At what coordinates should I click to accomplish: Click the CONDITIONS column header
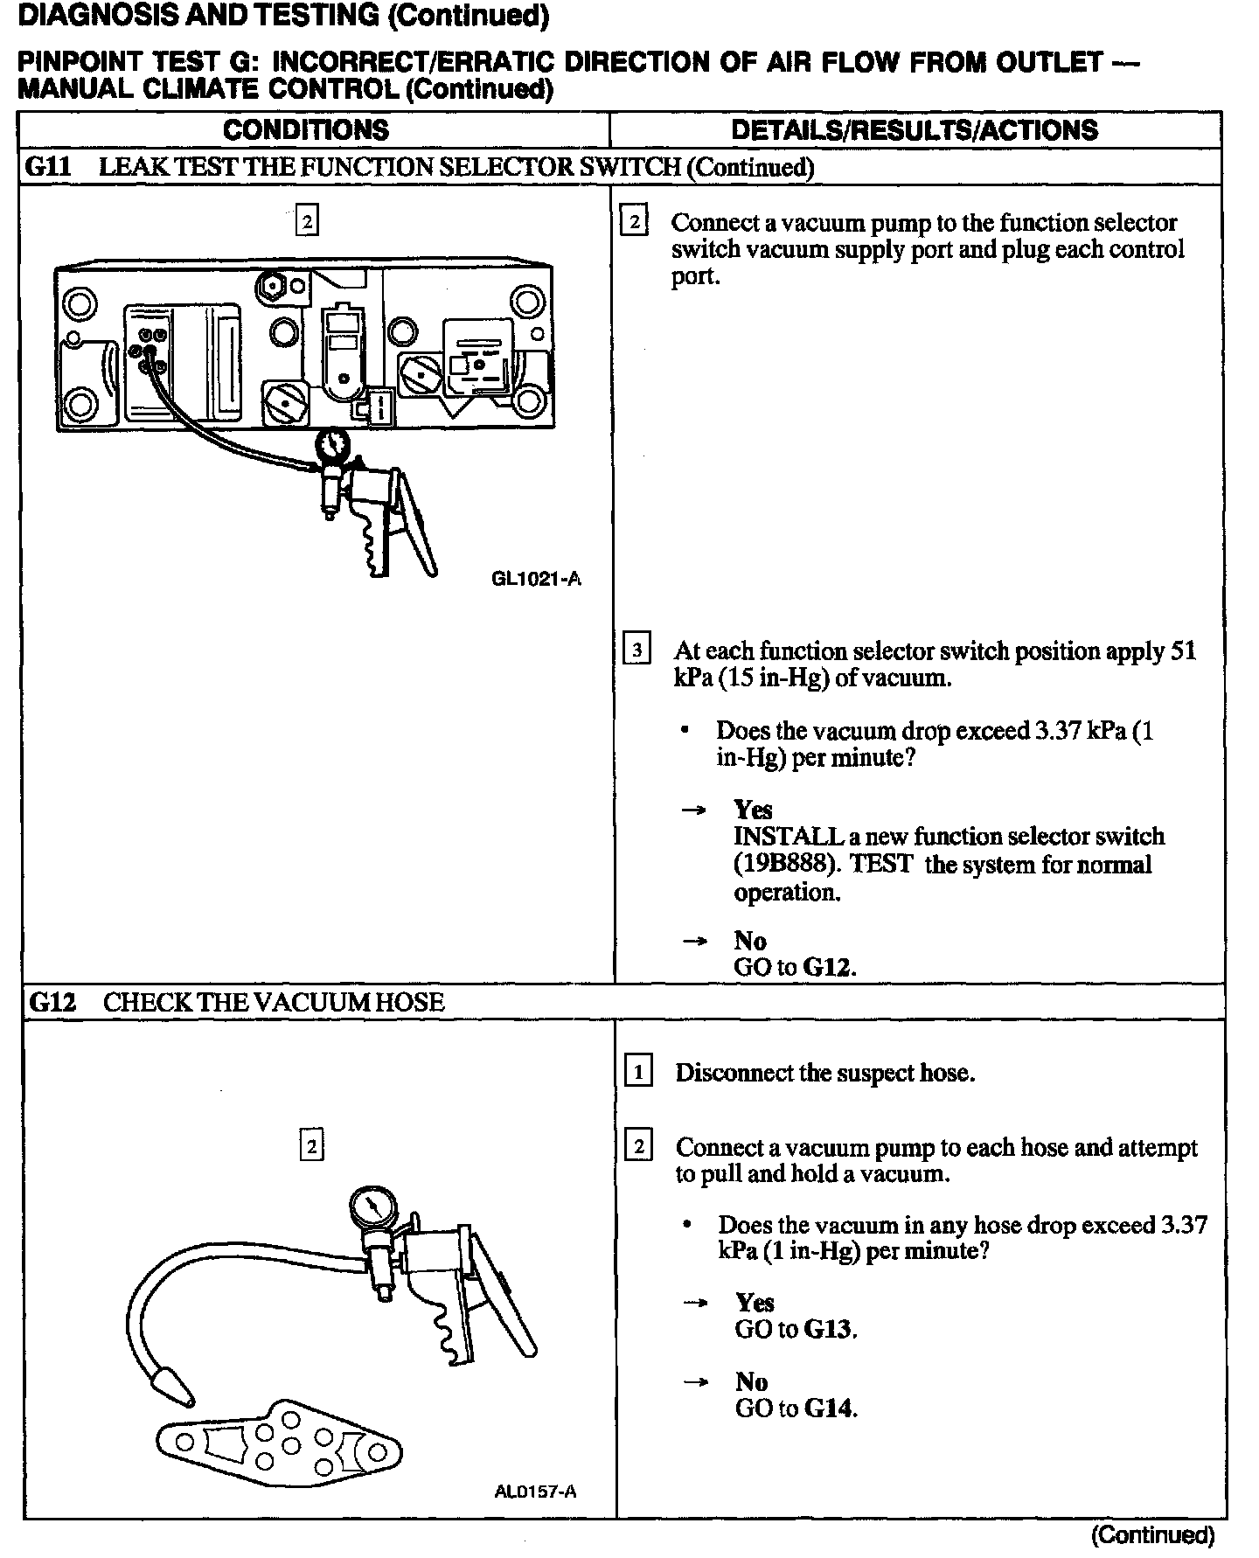pos(305,130)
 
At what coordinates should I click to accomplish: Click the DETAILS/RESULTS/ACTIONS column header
pos(914,130)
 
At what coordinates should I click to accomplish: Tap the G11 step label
pos(47,167)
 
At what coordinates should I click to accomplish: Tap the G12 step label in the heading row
pos(52,1002)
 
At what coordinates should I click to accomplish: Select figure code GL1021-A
pos(537,579)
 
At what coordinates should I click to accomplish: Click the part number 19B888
pos(786,865)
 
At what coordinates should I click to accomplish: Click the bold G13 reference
pos(829,1330)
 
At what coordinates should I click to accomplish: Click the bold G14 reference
pos(829,1408)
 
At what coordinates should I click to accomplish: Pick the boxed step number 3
pos(636,650)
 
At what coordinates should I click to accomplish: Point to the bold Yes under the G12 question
pos(755,1303)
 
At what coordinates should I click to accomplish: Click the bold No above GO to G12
pos(750,941)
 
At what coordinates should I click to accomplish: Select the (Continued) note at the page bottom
pos(1152,1534)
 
